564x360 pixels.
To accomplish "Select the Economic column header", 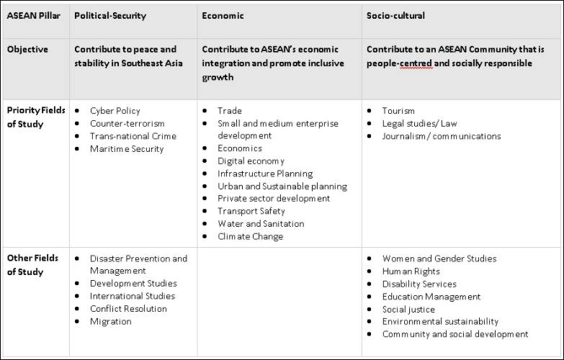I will point(223,15).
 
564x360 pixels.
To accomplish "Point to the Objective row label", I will point(27,50).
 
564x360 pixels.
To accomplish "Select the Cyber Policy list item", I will point(115,111).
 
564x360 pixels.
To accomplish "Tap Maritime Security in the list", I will point(127,149).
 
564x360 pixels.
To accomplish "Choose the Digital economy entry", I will point(251,161).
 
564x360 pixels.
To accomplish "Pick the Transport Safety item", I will point(251,211).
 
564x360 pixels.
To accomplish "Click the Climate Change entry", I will point(250,236).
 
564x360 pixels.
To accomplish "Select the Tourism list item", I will point(398,111).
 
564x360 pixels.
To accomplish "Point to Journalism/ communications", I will point(442,136).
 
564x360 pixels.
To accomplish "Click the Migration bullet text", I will point(110,321).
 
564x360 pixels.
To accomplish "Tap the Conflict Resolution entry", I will point(128,309).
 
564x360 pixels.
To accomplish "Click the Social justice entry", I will point(408,309).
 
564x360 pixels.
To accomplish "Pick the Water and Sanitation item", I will point(261,224).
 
